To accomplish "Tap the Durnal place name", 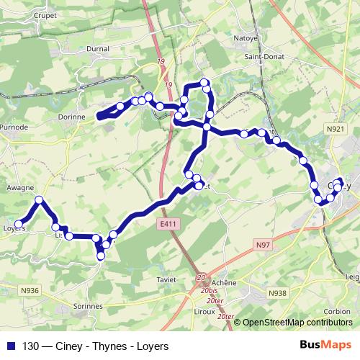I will [x=97, y=49].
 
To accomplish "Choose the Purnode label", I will [x=14, y=127].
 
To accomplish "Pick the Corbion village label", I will [x=337, y=311].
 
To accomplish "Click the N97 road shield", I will [x=264, y=246].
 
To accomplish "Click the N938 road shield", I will [x=277, y=293].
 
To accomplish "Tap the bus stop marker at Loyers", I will [x=19, y=224].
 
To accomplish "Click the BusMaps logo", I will [x=331, y=344].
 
